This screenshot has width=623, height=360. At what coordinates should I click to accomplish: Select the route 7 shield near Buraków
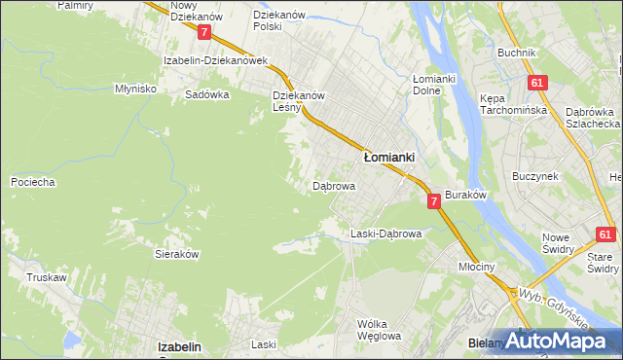[x=434, y=200]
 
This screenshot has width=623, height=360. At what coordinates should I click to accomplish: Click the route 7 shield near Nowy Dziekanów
[x=203, y=32]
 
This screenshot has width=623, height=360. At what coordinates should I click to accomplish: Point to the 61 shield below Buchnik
[x=535, y=84]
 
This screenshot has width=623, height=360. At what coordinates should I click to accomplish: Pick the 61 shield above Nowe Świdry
[x=605, y=234]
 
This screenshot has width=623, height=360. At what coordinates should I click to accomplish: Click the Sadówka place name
[x=206, y=95]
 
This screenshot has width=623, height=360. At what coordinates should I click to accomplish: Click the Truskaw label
[x=46, y=277]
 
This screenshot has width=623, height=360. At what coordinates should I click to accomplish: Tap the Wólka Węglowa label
[x=379, y=330]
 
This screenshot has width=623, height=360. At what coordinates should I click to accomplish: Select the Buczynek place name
[x=534, y=176]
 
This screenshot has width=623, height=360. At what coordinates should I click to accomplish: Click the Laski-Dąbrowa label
[x=385, y=234]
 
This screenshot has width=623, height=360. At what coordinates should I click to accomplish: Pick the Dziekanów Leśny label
[x=298, y=102]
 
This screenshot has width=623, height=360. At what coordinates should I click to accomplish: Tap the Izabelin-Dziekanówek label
[x=215, y=59]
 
